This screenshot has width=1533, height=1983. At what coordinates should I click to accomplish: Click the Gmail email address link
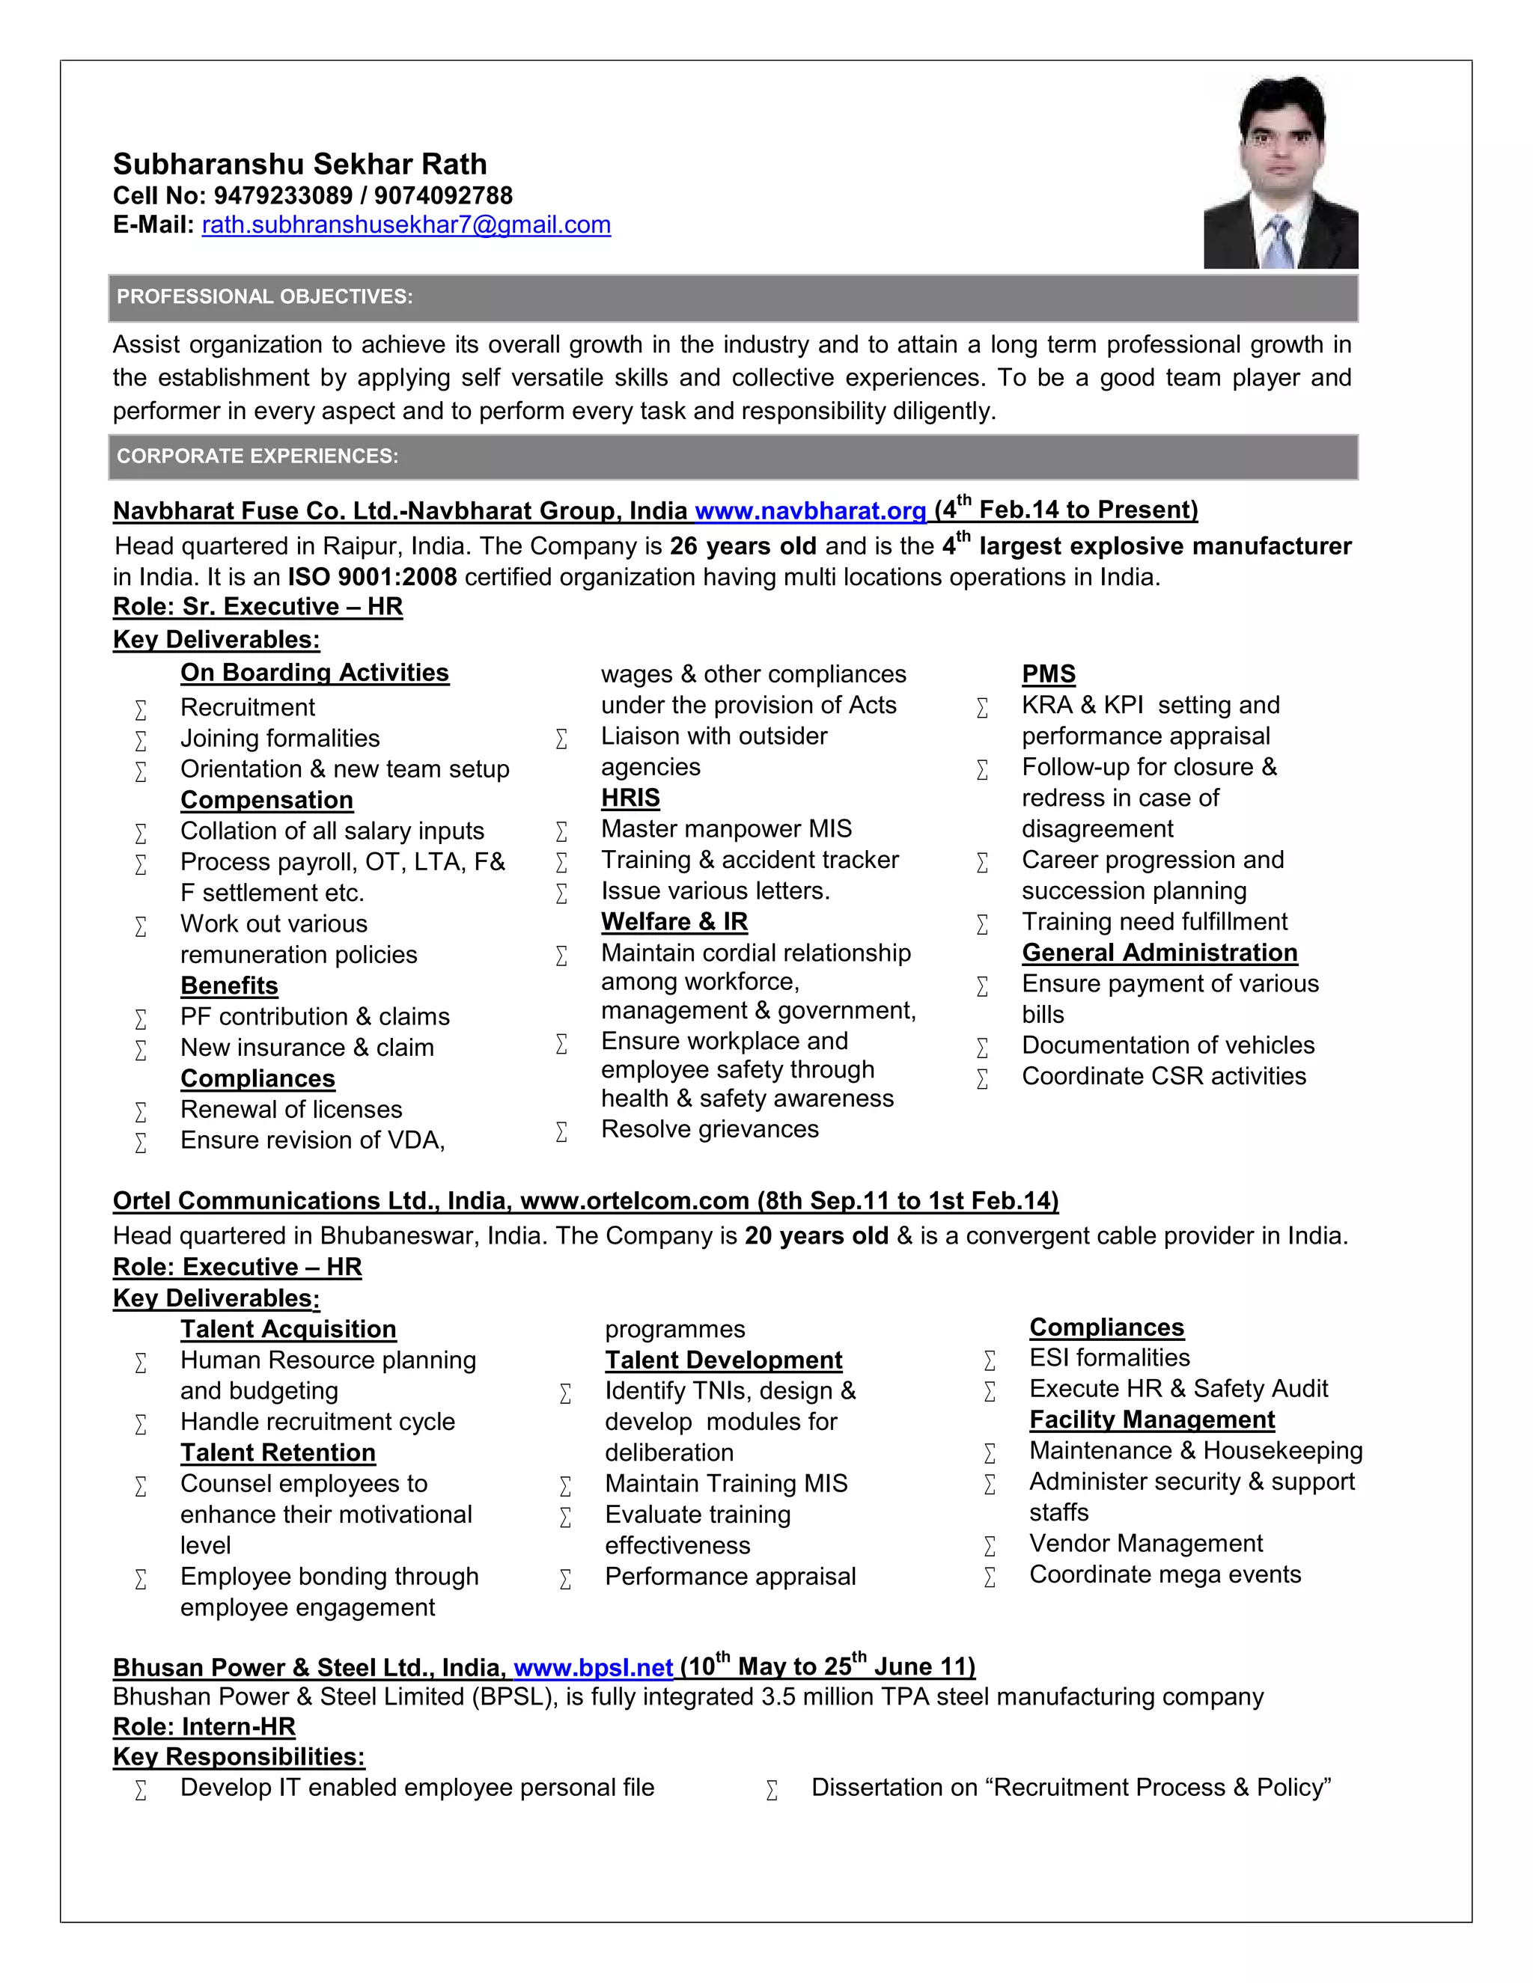click(x=406, y=224)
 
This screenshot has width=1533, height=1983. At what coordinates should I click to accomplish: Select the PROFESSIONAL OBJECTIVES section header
click(x=264, y=297)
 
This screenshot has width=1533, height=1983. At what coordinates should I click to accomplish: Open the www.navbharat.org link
click(x=810, y=510)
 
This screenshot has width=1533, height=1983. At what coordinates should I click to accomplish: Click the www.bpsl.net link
click(x=593, y=1667)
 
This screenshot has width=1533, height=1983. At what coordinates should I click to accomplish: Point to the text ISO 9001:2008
click(x=372, y=578)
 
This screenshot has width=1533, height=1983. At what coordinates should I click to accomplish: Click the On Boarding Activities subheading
click(x=314, y=673)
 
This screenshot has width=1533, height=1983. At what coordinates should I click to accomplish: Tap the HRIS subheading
click(x=630, y=798)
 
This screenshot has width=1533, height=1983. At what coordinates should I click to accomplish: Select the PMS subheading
click(x=1048, y=673)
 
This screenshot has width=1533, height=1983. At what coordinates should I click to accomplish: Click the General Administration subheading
click(x=1159, y=953)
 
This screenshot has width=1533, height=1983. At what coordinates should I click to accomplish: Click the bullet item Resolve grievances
click(x=710, y=1128)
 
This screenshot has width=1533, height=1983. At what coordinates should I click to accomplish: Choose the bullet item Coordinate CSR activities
click(x=1163, y=1076)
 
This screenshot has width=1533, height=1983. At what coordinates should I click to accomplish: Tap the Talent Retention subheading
click(x=278, y=1452)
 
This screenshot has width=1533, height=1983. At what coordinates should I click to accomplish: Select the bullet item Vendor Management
click(x=1145, y=1543)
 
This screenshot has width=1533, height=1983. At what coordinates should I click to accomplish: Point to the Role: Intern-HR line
click(x=204, y=1726)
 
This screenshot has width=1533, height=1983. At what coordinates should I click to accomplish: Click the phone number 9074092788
click(x=443, y=195)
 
